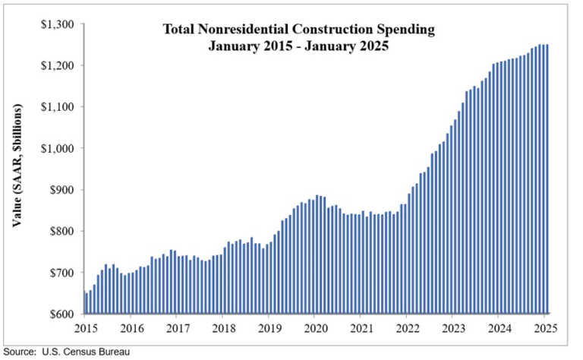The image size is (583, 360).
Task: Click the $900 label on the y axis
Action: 60,190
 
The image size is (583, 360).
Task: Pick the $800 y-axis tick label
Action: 60,232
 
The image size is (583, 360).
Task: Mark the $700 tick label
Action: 60,273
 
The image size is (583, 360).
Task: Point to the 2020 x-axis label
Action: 315,329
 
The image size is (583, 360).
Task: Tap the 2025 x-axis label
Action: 545,329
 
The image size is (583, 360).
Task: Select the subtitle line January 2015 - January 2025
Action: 299,46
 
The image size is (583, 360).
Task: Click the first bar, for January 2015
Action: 85,302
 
